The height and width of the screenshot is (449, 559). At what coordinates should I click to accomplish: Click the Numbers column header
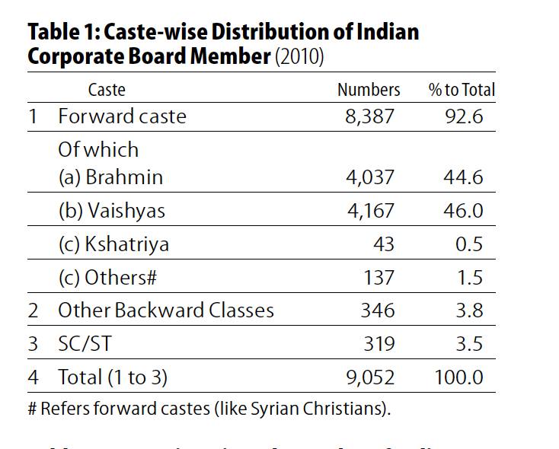(369, 90)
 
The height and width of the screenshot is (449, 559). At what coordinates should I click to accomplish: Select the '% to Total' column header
(462, 90)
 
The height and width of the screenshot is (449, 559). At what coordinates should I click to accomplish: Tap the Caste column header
(107, 90)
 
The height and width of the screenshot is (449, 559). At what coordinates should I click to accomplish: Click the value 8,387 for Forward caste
(371, 116)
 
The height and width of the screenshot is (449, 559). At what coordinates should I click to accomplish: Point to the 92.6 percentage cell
(463, 116)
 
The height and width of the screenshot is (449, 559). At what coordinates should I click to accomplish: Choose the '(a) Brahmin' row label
(110, 177)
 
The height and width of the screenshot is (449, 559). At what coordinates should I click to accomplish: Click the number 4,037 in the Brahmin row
(371, 177)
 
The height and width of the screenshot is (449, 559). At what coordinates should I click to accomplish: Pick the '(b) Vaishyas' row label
(111, 211)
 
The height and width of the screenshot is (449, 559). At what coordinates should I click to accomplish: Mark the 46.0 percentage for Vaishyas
(463, 211)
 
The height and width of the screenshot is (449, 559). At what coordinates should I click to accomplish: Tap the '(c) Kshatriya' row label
(113, 244)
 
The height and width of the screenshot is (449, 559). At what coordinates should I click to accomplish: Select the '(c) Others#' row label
(107, 278)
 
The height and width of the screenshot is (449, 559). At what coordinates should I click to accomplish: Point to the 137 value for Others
(379, 278)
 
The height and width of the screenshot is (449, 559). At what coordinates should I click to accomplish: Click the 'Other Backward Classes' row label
(166, 310)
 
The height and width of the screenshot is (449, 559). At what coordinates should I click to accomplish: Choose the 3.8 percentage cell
(468, 310)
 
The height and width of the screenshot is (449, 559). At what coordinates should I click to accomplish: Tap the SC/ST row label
(85, 344)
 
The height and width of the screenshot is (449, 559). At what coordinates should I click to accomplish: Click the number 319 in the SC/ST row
(379, 344)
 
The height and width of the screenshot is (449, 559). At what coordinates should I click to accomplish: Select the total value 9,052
(371, 377)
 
